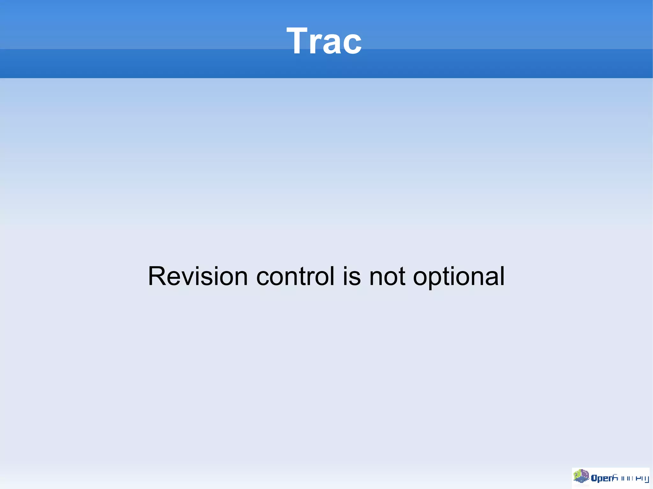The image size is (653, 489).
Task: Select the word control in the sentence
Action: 295,276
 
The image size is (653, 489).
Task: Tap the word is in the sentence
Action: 352,276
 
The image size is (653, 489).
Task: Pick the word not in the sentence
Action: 387,276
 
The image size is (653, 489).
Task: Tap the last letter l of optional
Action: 502,276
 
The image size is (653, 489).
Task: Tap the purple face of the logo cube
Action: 585,473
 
